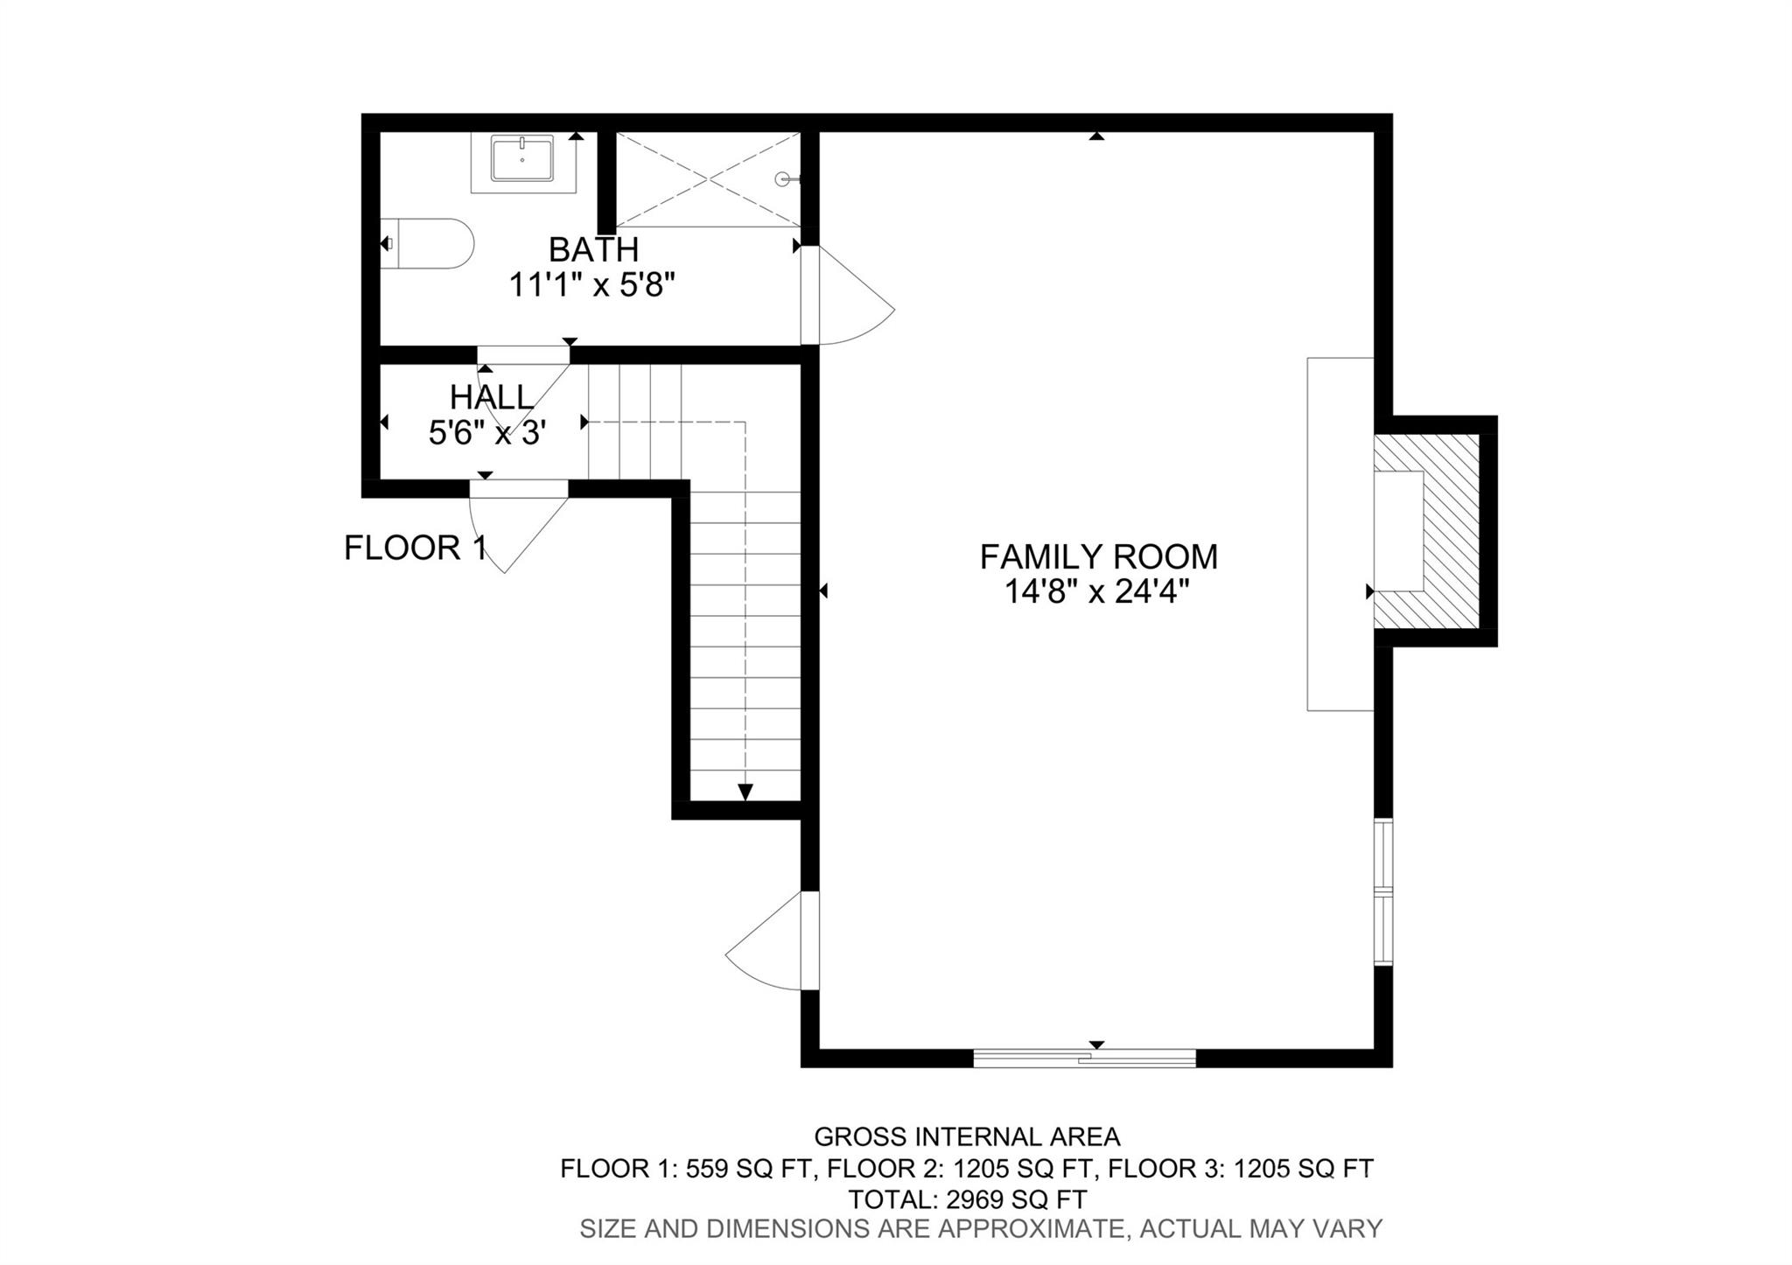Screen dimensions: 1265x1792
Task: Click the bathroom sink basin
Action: [x=522, y=159]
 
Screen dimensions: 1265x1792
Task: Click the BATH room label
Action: [x=593, y=250]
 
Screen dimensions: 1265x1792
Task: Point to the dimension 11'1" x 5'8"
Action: [x=593, y=285]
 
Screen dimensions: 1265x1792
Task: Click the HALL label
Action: [x=491, y=398]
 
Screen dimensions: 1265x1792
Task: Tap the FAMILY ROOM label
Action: [x=1098, y=556]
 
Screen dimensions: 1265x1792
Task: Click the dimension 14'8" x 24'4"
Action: [x=1097, y=593]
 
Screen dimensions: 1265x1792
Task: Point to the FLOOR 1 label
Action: [x=415, y=549]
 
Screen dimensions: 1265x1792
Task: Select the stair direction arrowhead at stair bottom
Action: [x=745, y=792]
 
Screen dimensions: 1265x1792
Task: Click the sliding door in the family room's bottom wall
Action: [x=1084, y=1058]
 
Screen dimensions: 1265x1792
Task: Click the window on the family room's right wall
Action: [x=1382, y=891]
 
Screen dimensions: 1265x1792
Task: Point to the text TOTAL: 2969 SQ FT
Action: [x=968, y=1199]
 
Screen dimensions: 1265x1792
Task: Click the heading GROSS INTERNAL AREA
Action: [x=967, y=1136]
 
